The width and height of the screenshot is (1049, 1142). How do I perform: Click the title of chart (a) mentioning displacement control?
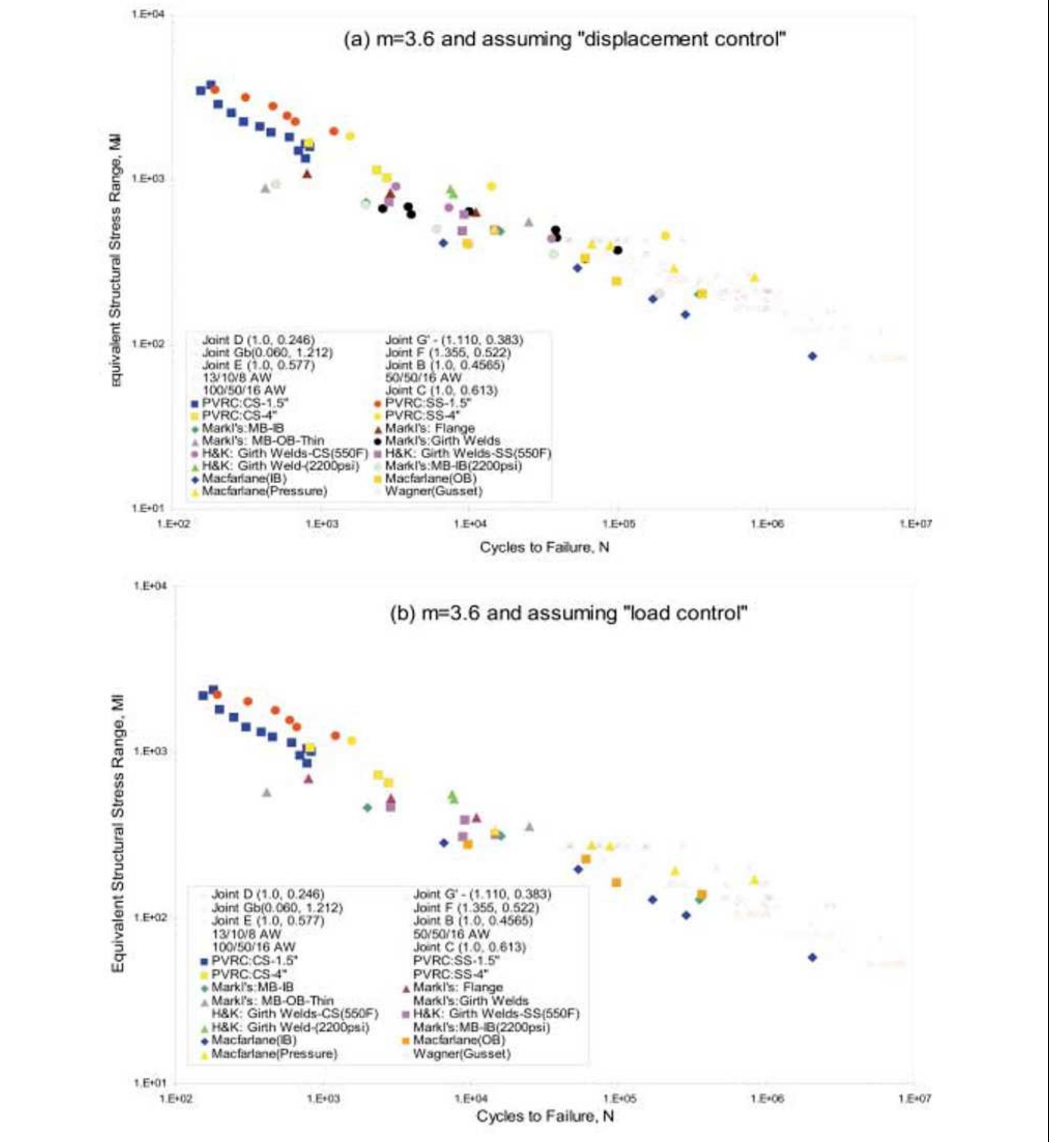[x=565, y=40]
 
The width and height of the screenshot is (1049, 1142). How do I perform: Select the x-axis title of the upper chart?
[x=544, y=547]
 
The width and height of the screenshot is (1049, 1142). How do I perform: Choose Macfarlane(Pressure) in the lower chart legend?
[x=274, y=1054]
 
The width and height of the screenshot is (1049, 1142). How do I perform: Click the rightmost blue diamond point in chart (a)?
[x=812, y=356]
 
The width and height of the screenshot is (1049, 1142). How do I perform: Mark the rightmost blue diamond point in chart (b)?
[x=812, y=958]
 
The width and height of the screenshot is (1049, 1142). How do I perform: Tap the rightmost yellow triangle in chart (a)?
[x=754, y=278]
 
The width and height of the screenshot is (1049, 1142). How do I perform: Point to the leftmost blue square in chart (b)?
[x=202, y=696]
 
